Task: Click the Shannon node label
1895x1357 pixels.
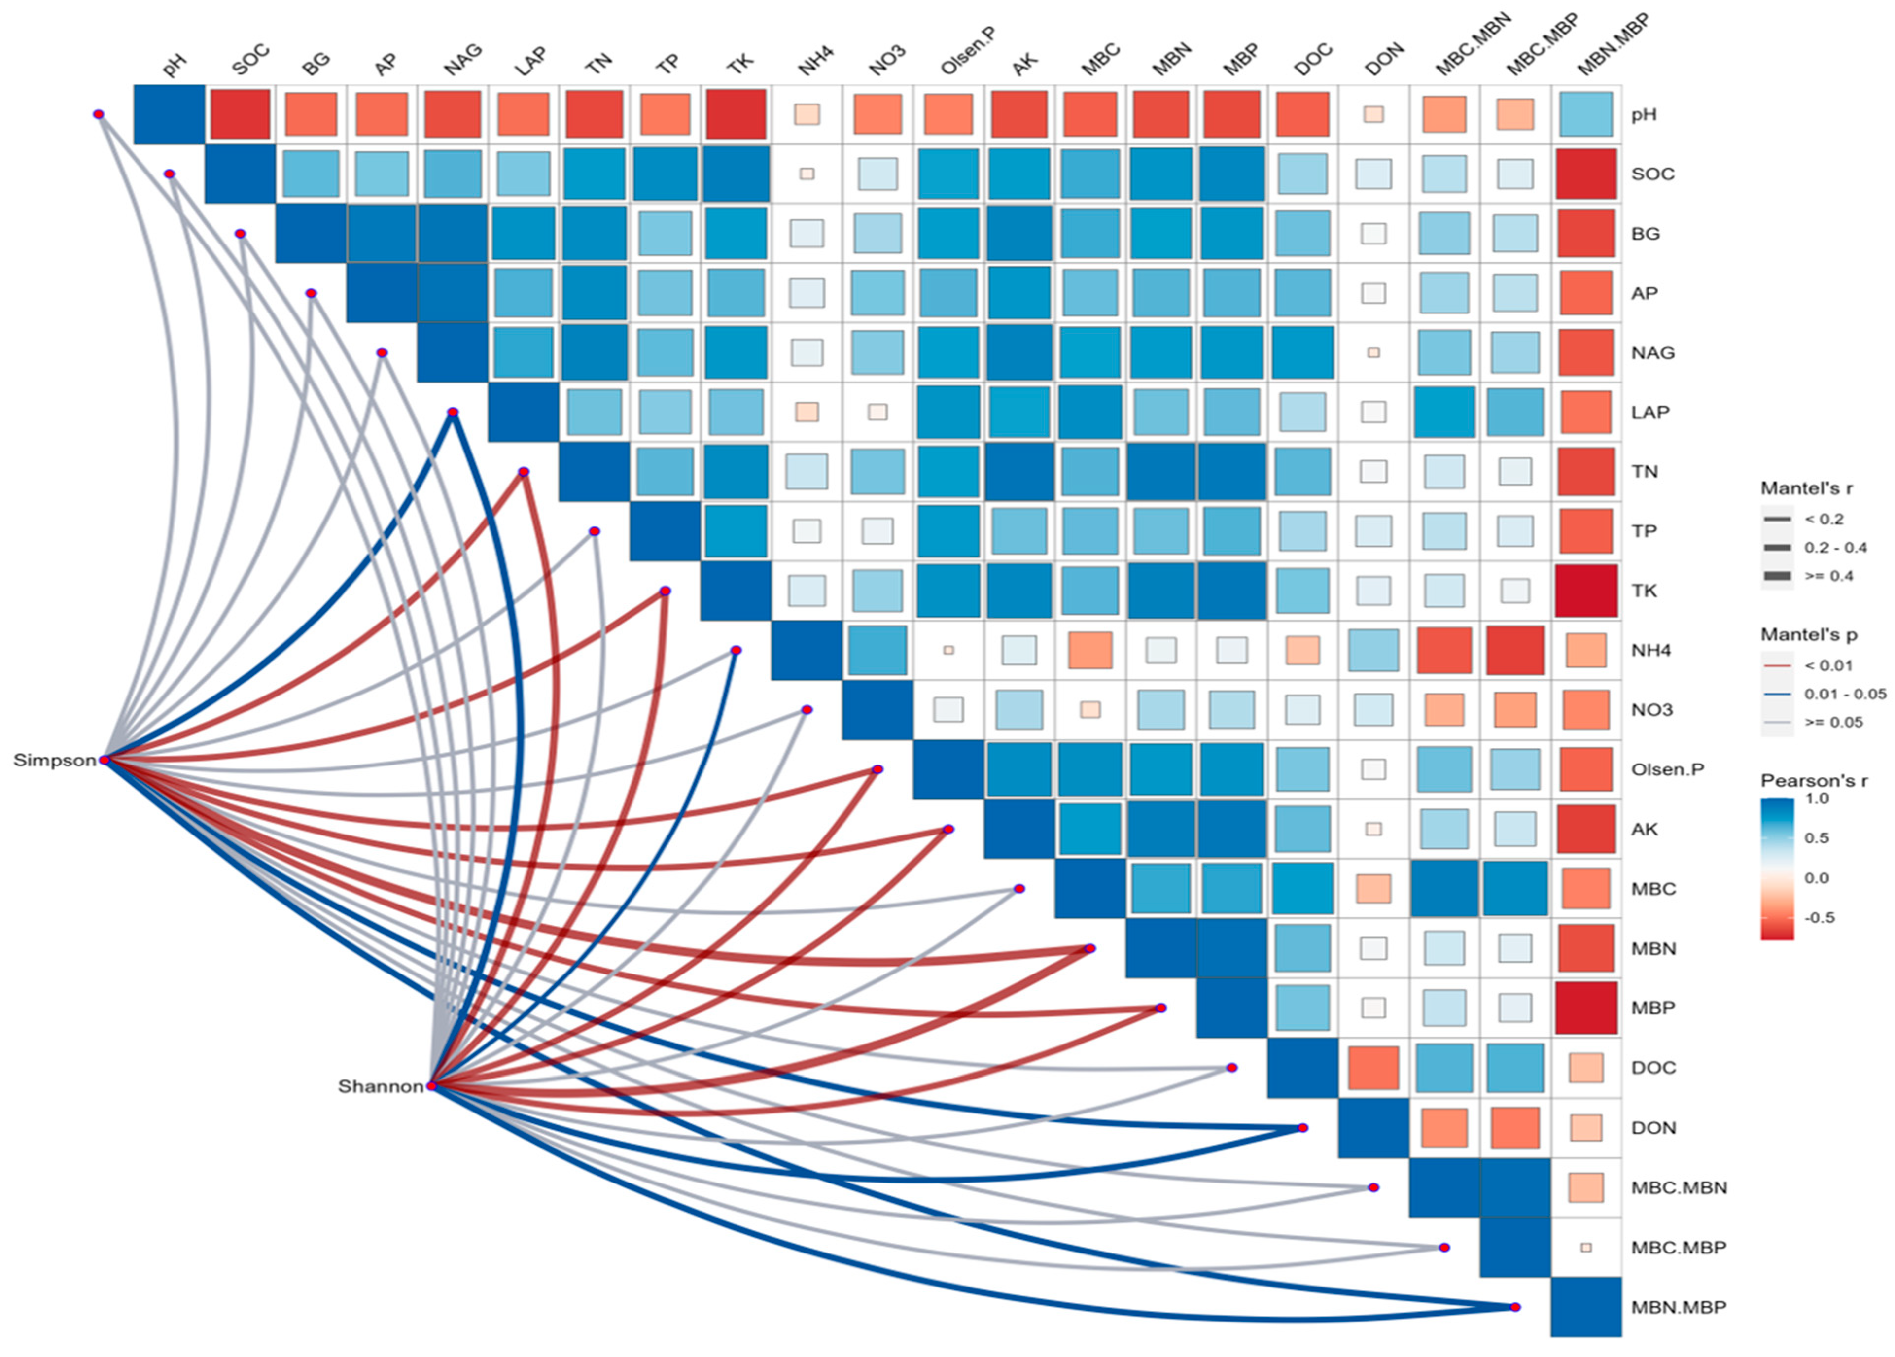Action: point(380,1086)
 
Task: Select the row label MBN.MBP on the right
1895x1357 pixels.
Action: point(1678,1307)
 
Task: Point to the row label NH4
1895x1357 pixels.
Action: point(1650,650)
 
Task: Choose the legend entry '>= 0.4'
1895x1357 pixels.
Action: point(1828,576)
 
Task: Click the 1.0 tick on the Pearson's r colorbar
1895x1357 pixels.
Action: point(1817,799)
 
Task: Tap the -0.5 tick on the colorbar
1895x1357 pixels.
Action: point(1819,917)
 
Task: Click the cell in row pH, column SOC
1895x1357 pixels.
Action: point(240,114)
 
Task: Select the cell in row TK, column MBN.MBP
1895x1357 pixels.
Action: point(1585,591)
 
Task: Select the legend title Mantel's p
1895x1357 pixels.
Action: point(1802,635)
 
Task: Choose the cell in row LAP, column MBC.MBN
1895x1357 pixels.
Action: point(1444,412)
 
